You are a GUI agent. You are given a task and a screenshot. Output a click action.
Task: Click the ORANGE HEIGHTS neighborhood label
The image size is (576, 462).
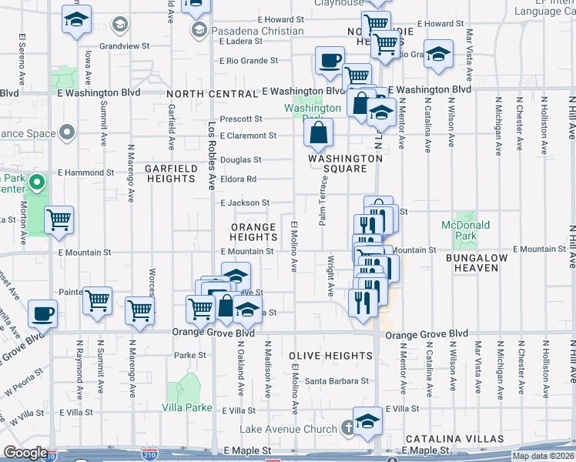pyautogui.click(x=253, y=232)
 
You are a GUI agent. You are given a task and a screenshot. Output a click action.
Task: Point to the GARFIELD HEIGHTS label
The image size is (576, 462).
pyautogui.click(x=171, y=172)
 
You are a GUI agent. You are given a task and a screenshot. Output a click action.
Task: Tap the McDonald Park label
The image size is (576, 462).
pyautogui.click(x=465, y=230)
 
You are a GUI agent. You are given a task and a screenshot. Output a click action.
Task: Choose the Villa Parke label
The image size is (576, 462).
pyautogui.click(x=183, y=407)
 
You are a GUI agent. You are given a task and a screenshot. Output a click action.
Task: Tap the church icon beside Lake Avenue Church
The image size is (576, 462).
pyautogui.click(x=348, y=427)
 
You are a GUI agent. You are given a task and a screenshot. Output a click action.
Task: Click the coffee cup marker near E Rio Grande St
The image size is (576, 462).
pyautogui.click(x=329, y=59)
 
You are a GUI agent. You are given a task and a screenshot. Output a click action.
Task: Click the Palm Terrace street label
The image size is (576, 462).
pyautogui.click(x=324, y=200)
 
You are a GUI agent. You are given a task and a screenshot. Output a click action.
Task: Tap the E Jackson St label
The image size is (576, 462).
pyautogui.click(x=244, y=203)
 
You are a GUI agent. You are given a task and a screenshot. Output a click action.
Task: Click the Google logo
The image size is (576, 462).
pyautogui.click(x=25, y=453)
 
